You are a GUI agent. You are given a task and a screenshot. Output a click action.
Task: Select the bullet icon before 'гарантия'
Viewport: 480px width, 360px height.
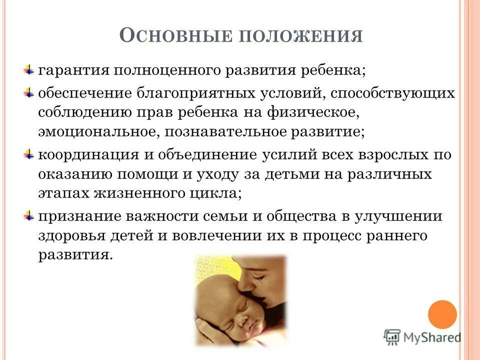(x=29, y=69)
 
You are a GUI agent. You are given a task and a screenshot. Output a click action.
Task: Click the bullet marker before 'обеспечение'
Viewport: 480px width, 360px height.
(x=29, y=93)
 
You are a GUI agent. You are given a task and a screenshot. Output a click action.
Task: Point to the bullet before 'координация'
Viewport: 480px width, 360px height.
(x=29, y=153)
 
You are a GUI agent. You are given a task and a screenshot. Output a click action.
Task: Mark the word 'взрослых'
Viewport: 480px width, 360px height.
(x=390, y=154)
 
